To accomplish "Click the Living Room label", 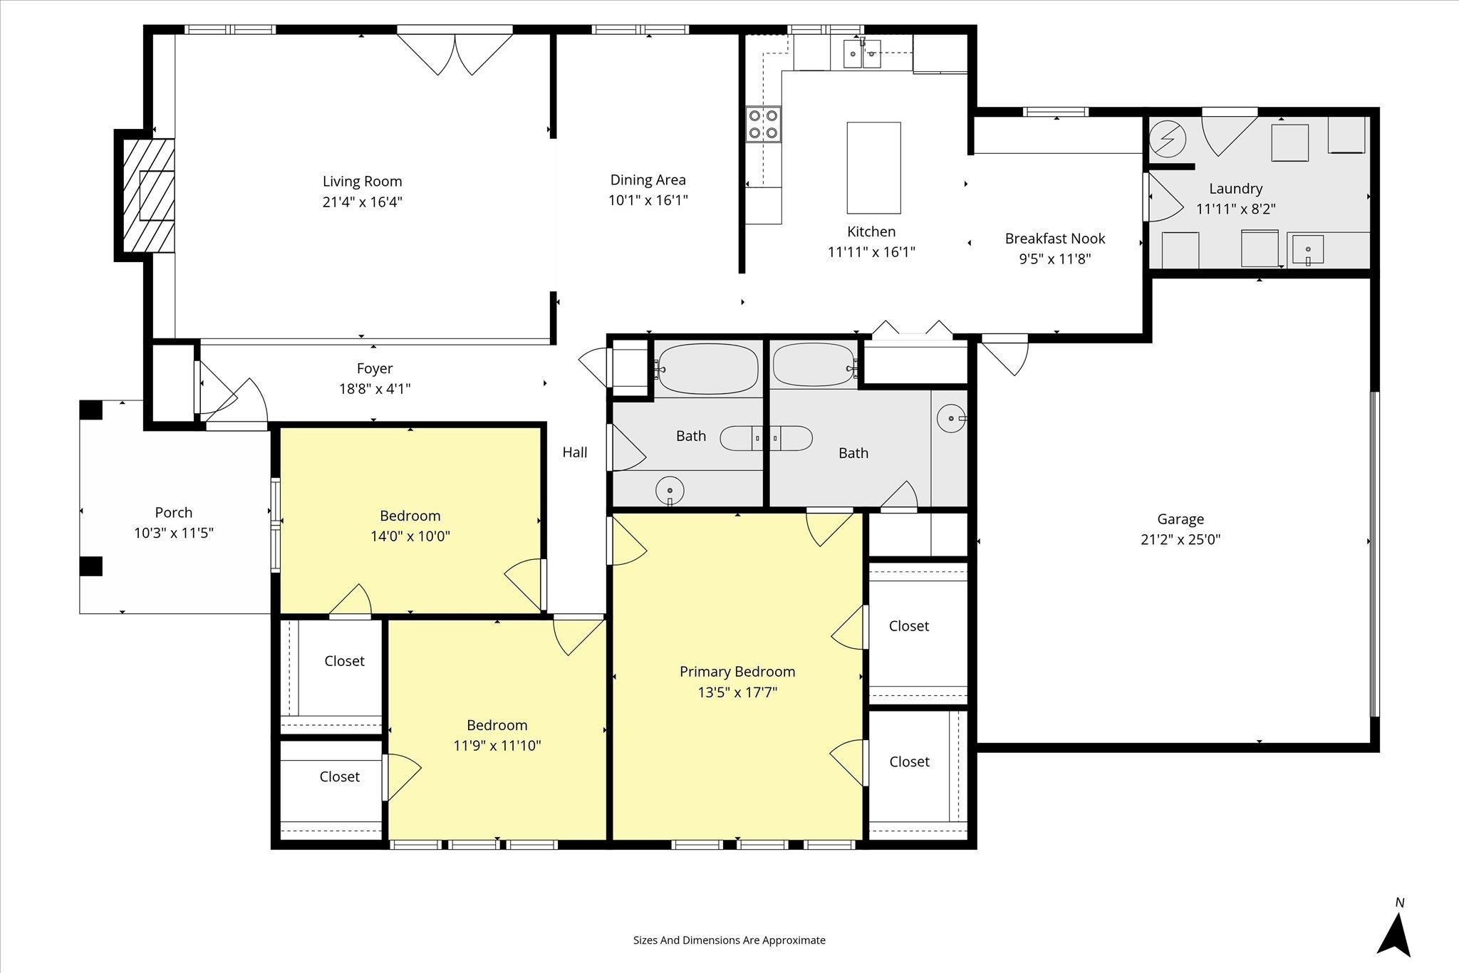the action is coord(362,182).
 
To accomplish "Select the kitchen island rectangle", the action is coord(873,167).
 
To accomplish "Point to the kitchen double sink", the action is coord(861,54).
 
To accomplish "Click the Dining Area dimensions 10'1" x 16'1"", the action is coord(648,201).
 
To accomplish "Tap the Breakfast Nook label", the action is coord(1055,239).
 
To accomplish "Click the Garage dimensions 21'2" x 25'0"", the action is coord(1180,540).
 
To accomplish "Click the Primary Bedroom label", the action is coord(737,672).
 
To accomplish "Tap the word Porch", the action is coord(174,513).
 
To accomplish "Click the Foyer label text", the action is coord(375,369).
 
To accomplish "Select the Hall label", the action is coord(575,452).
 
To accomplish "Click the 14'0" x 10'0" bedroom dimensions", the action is coord(410,536).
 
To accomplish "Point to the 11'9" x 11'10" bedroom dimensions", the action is coord(497,746).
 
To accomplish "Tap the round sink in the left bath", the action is coord(670,490).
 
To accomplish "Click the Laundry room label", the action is coord(1235,189).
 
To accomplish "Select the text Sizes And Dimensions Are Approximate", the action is coord(729,940).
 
